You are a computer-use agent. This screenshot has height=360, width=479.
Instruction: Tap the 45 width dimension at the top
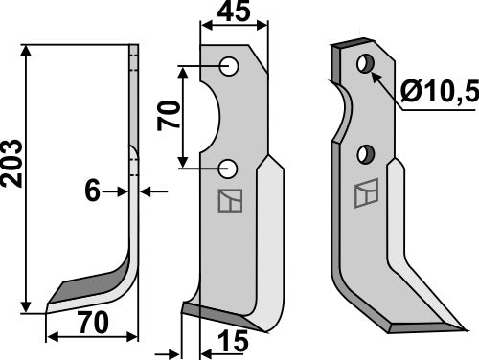(x=227, y=13)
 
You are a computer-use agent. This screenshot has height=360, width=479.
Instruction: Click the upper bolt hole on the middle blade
(x=228, y=67)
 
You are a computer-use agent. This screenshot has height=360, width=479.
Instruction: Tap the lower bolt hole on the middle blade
(x=228, y=169)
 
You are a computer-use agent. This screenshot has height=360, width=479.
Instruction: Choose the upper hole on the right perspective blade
(x=364, y=64)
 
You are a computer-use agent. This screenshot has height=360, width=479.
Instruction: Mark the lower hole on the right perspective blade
(x=365, y=153)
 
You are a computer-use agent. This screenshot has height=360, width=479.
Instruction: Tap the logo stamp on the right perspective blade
(x=365, y=195)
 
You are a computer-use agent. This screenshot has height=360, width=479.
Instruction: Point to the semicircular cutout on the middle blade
(x=210, y=118)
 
